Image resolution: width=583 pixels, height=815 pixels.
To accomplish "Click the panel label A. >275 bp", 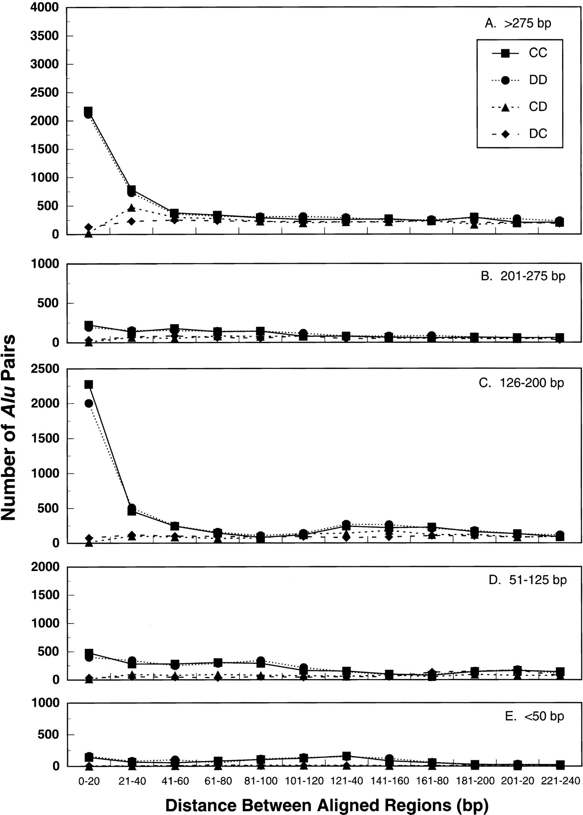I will tap(518, 24).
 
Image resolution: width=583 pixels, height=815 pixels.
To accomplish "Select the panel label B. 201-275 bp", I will tap(523, 276).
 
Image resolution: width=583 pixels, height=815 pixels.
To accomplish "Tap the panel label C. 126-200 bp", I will tap(521, 383).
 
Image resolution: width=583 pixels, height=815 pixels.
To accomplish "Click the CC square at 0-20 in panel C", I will tap(89, 385).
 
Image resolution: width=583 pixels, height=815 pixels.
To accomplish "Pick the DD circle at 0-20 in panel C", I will tap(89, 403).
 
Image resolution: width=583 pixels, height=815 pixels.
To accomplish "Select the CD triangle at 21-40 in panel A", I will tap(132, 208).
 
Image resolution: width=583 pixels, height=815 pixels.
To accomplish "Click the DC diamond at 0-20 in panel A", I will tap(89, 227).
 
